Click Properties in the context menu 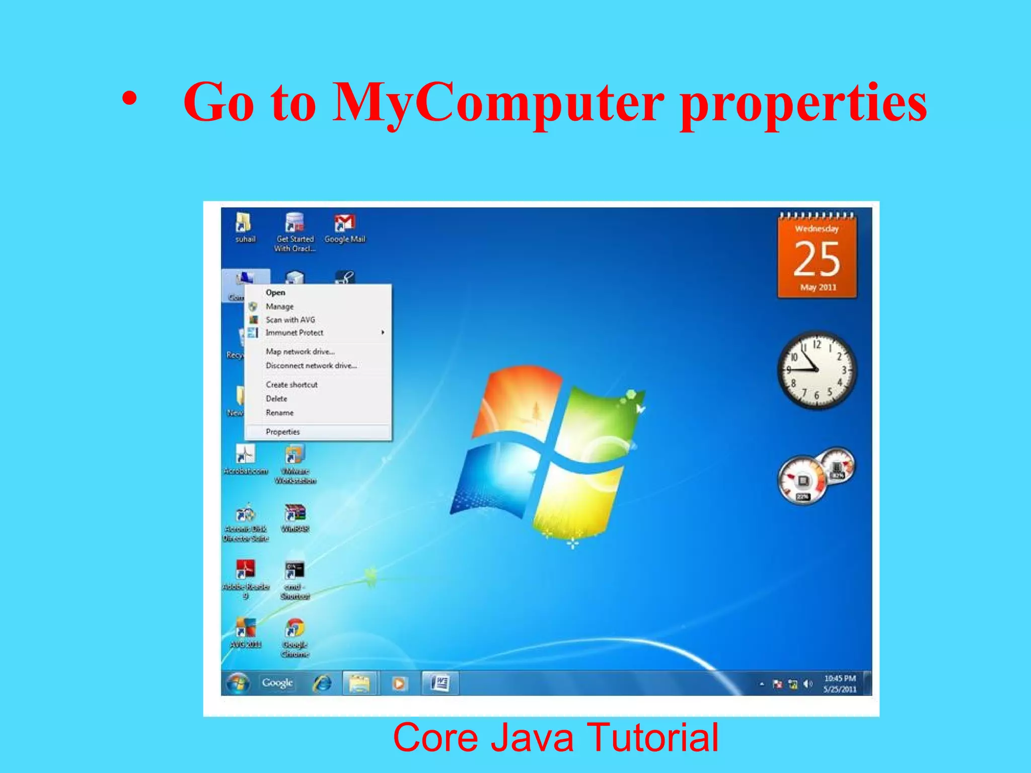pos(282,432)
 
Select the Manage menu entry pos(279,306)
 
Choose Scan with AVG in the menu pos(290,320)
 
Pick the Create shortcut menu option pos(291,384)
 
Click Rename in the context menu pos(279,413)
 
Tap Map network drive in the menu pos(300,351)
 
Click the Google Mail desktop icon pos(345,223)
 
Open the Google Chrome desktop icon pos(295,629)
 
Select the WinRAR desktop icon pos(295,513)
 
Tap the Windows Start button pos(238,683)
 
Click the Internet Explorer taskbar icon pos(323,683)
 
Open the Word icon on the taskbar pos(439,683)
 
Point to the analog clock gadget pos(816,370)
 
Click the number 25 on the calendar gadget pos(817,259)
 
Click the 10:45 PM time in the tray pos(840,678)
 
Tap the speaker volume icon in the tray pos(807,684)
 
